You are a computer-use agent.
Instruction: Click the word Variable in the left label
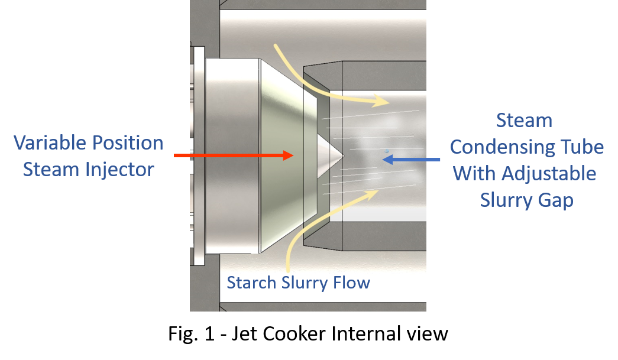pyautogui.click(x=50, y=143)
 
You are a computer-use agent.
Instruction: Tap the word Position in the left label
pyautogui.click(x=127, y=143)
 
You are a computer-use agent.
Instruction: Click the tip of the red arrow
pyautogui.click(x=293, y=155)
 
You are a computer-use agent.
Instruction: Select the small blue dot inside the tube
pyautogui.click(x=387, y=151)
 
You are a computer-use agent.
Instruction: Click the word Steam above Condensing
pyautogui.click(x=524, y=121)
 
